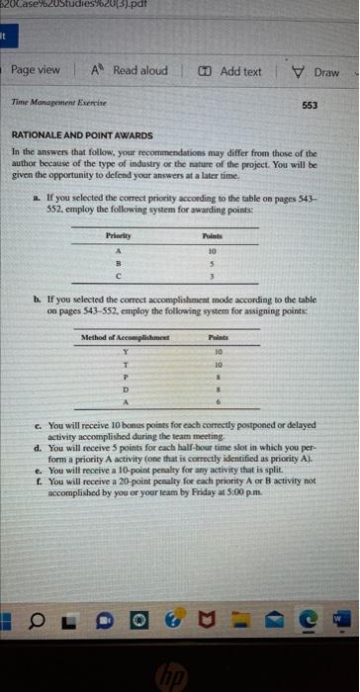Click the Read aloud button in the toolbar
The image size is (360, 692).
point(135,72)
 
